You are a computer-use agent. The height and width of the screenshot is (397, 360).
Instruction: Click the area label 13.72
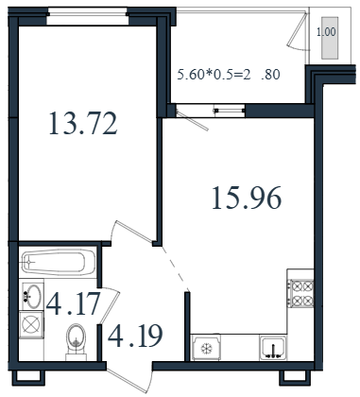click(83, 124)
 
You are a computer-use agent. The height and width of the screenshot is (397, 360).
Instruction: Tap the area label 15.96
click(247, 198)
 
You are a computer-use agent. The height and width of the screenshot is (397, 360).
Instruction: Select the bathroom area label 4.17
click(73, 303)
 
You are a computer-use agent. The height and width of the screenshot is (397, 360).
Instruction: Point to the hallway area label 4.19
click(135, 336)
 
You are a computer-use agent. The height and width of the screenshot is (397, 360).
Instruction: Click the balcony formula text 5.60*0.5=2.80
click(229, 75)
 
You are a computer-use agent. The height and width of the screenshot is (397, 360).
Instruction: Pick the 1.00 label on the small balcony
click(326, 32)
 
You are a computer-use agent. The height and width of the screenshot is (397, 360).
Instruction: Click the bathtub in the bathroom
click(59, 262)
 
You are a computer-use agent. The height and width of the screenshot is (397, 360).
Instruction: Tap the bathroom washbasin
click(32, 296)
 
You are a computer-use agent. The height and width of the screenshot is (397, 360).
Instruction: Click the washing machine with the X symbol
click(31, 324)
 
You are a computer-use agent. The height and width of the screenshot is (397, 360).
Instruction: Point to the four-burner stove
click(301, 294)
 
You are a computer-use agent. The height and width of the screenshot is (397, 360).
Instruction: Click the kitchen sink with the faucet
click(273, 348)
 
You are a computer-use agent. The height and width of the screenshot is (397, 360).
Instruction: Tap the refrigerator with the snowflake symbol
click(206, 347)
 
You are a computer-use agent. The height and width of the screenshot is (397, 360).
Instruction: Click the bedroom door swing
click(132, 232)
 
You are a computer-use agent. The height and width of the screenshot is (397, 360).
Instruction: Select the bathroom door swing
click(110, 305)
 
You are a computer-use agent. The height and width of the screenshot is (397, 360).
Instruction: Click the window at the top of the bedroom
click(88, 16)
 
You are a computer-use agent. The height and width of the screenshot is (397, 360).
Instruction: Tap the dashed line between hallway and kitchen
click(176, 268)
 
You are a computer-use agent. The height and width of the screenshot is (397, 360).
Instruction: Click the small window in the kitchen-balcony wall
click(229, 111)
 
